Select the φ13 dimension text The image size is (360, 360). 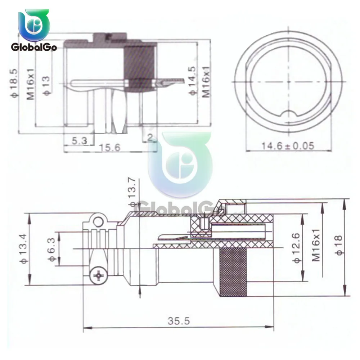pyautogui.click(x=46, y=86)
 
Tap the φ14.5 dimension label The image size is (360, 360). pyautogui.click(x=192, y=80)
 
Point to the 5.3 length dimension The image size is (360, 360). pyautogui.click(x=80, y=140)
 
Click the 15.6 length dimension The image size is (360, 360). pyautogui.click(x=110, y=148)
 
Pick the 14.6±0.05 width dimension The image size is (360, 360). pyautogui.click(x=288, y=145)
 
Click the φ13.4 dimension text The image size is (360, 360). pyautogui.click(x=24, y=249)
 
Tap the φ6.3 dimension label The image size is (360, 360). pyautogui.click(x=52, y=249)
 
